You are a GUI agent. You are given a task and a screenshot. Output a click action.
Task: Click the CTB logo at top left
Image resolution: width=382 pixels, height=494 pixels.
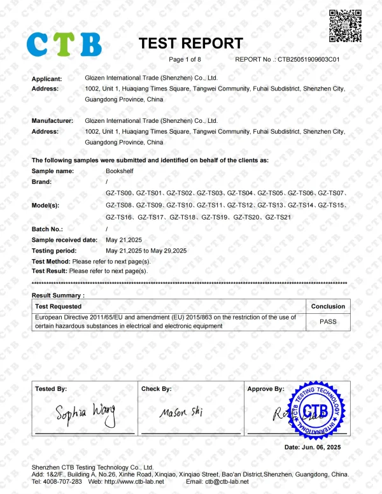pos(64,44)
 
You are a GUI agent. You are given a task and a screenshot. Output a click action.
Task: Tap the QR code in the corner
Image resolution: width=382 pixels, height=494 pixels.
pos(344,26)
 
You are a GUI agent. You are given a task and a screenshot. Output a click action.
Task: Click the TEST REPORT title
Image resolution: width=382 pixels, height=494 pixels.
pos(190,43)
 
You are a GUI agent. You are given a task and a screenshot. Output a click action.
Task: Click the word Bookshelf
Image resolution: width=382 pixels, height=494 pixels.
pos(120,171)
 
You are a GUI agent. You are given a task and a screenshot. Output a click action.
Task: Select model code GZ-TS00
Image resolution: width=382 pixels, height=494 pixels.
pos(119,192)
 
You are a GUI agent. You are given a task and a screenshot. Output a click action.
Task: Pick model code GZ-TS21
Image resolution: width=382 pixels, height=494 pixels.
pos(278,218)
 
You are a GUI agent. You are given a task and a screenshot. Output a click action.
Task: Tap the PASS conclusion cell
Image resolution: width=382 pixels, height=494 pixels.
pos(328,321)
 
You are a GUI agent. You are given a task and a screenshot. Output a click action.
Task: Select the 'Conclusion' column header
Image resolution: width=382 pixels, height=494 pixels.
pos(328,306)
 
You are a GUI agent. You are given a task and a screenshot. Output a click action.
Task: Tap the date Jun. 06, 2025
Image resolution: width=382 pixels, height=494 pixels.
pos(322,448)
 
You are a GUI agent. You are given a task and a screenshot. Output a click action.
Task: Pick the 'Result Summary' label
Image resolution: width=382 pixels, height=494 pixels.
pos(58,295)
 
